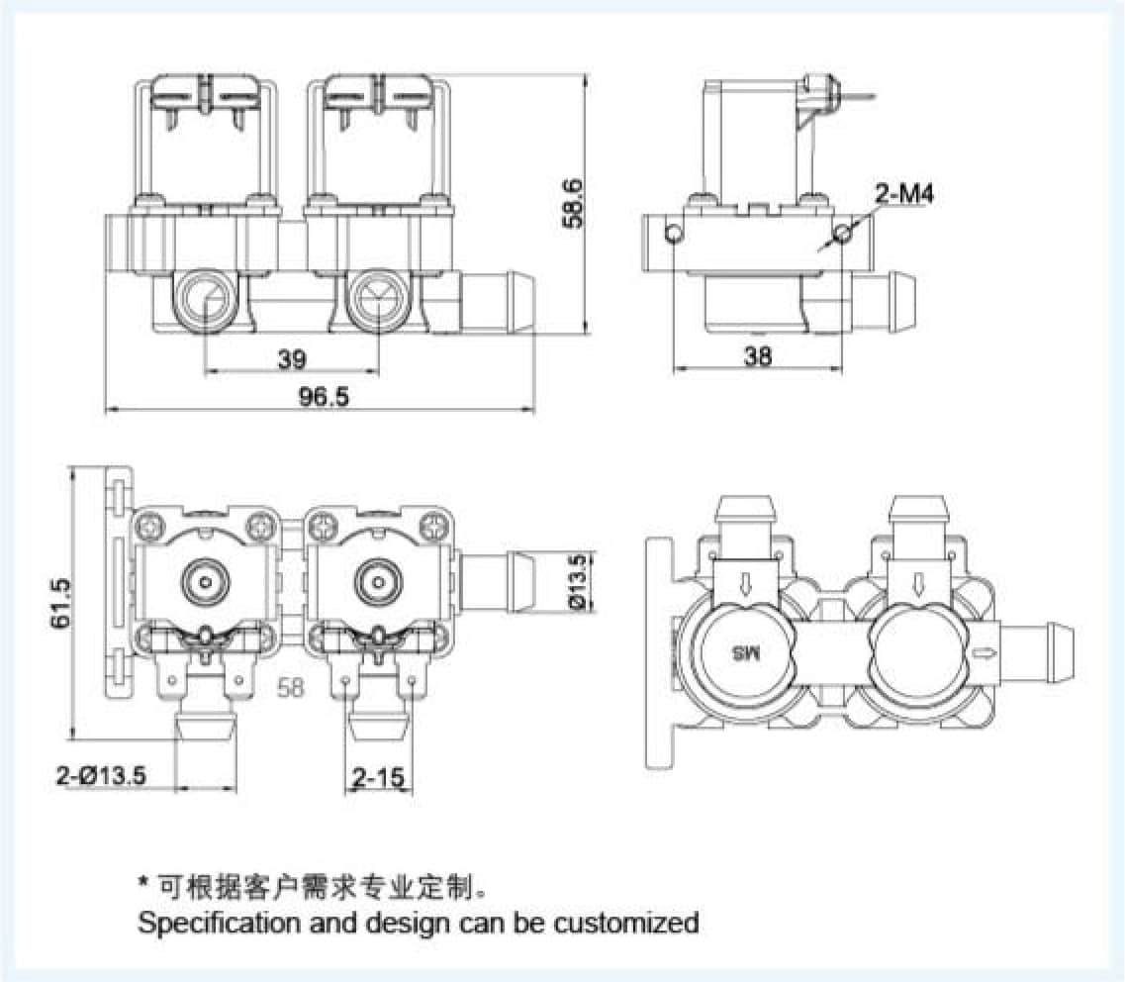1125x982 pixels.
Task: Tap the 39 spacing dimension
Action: pos(291,359)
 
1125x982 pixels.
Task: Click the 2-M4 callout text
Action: pos(903,195)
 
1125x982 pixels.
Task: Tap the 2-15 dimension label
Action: pos(378,778)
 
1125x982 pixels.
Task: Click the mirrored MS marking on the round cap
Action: pos(743,653)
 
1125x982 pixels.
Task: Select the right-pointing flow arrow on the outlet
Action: pos(985,652)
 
